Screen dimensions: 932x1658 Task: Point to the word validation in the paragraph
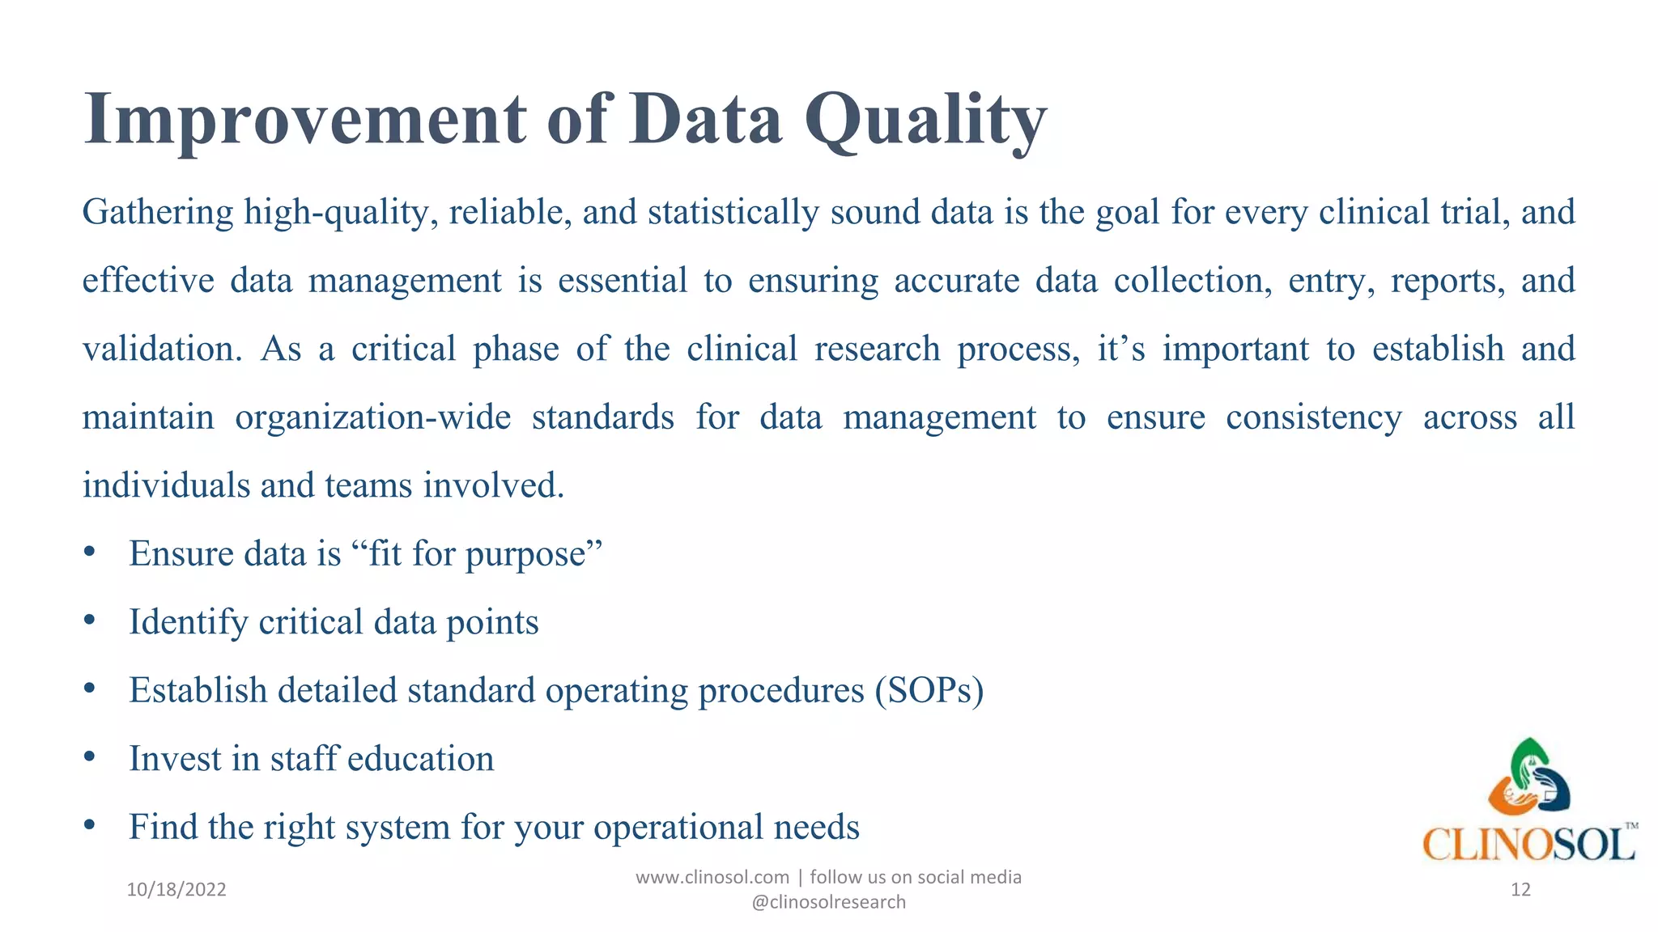tap(162, 349)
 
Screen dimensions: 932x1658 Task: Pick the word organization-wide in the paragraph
tap(373, 417)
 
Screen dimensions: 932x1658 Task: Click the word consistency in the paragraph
tap(1313, 417)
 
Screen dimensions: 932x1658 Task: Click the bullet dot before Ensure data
tap(90, 553)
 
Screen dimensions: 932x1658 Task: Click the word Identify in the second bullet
tap(189, 623)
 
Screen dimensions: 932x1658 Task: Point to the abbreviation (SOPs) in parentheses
tap(929, 691)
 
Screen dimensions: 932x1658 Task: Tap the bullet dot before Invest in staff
tap(90, 757)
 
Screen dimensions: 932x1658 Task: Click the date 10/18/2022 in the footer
tap(176, 890)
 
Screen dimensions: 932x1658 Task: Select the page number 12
tap(1520, 890)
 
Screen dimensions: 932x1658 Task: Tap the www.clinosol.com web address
tap(712, 878)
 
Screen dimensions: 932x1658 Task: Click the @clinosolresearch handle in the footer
tap(828, 902)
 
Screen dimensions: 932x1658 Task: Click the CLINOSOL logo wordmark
tap(1528, 845)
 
